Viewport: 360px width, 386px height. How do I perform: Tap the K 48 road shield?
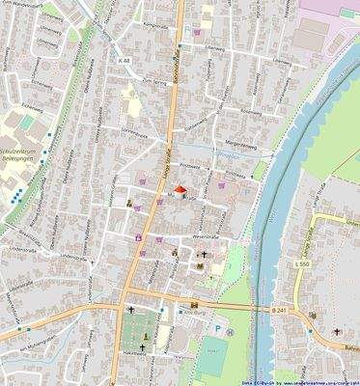(x=124, y=61)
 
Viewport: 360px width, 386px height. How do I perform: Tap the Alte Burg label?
(x=193, y=316)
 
